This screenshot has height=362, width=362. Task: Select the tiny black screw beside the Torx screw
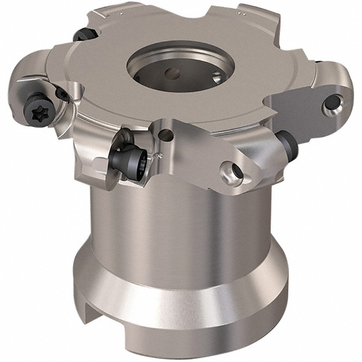click(x=62, y=94)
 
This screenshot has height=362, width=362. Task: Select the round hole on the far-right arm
click(x=330, y=104)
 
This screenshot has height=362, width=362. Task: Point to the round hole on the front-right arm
click(x=232, y=171)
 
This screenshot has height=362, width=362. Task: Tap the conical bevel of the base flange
click(x=181, y=284)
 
